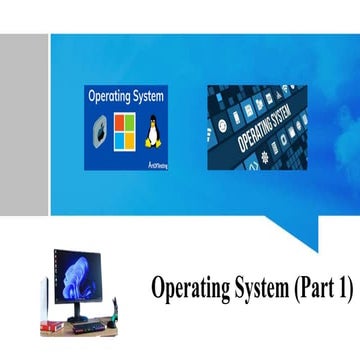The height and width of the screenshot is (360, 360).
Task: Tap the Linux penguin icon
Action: click(153, 132)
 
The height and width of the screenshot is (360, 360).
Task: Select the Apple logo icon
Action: click(100, 132)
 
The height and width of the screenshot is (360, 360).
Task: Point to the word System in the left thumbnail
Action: click(147, 98)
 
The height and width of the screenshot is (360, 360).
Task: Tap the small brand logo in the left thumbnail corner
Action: click(157, 164)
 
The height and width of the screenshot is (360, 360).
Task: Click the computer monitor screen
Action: click(77, 277)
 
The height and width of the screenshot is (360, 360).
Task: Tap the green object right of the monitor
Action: click(112, 311)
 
